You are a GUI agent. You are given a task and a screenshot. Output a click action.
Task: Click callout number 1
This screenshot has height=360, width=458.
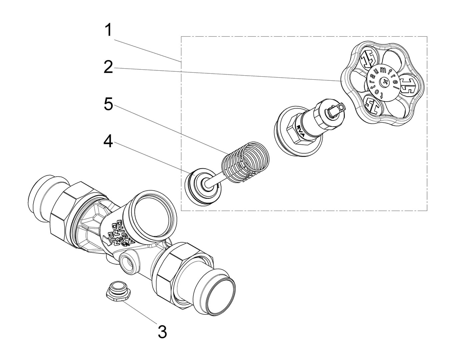coord(109,31)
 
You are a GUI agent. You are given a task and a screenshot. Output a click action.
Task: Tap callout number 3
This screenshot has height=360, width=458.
coord(162,332)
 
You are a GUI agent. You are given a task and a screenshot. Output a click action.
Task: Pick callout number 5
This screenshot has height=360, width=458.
coord(109,104)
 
